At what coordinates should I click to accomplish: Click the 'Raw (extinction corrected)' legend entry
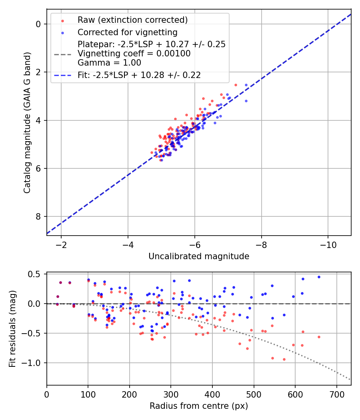pyautogui.click(x=132, y=20)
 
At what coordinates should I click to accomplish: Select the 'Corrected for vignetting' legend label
pyautogui.click(x=127, y=32)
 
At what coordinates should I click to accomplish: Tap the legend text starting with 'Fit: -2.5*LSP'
pyautogui.click(x=139, y=75)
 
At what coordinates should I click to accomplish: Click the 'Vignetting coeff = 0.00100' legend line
pyautogui.click(x=134, y=53)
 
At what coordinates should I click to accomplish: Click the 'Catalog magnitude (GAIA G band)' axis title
pyautogui.click(x=27, y=122)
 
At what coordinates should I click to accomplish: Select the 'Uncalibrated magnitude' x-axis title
pyautogui.click(x=199, y=256)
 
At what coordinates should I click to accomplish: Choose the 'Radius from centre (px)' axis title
pyautogui.click(x=199, y=406)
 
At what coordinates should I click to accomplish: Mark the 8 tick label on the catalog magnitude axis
pyautogui.click(x=39, y=216)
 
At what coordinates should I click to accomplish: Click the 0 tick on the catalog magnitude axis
pyautogui.click(x=39, y=24)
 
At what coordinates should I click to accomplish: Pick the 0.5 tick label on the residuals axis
pyautogui.click(x=36, y=274)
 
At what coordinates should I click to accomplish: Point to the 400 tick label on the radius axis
pyautogui.click(x=212, y=394)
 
